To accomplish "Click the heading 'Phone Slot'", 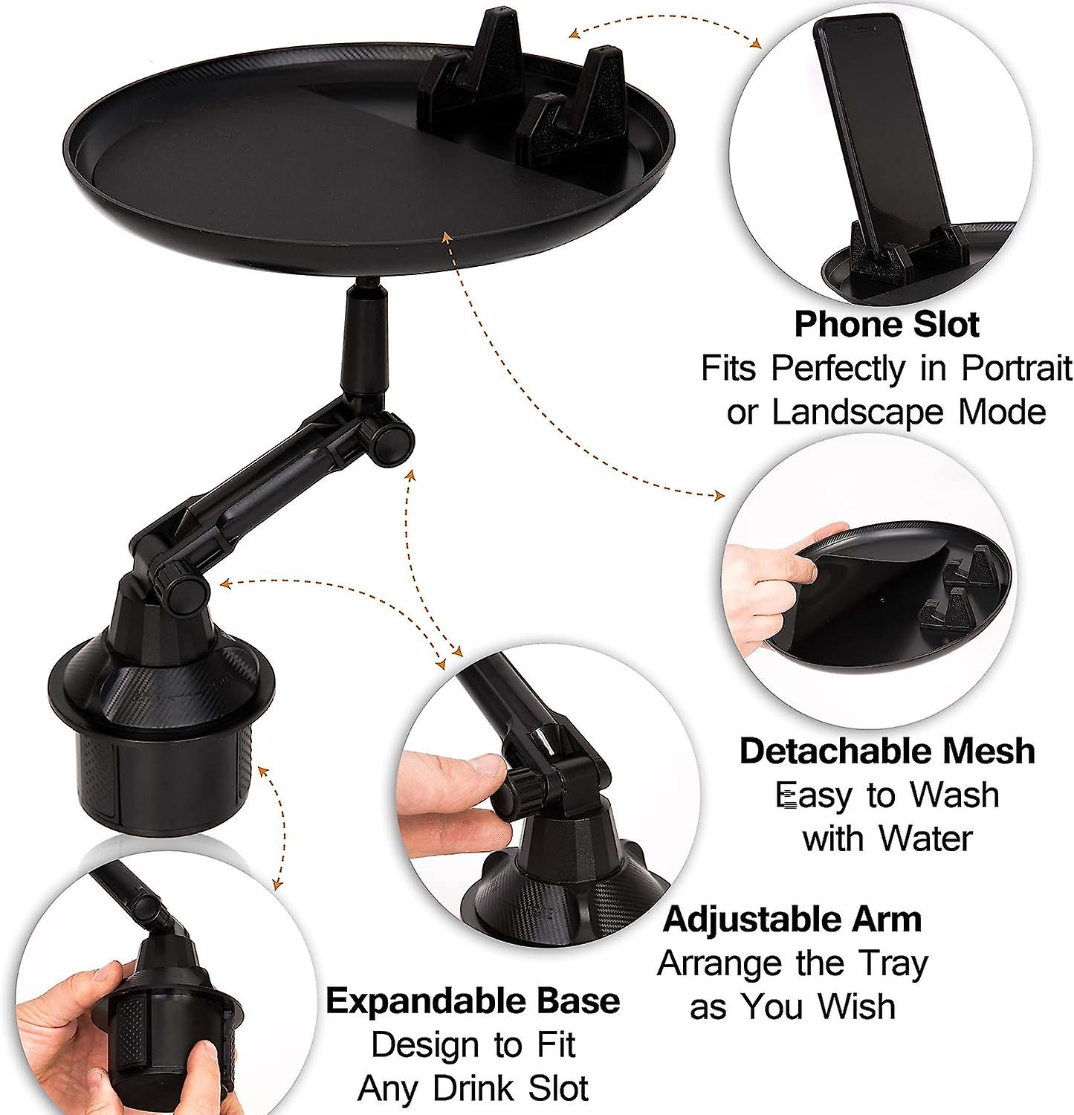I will coord(887,325).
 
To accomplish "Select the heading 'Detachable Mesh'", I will coord(887,751).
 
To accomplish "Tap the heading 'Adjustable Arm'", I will coord(792,920).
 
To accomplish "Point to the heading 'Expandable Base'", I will coord(473,1001).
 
